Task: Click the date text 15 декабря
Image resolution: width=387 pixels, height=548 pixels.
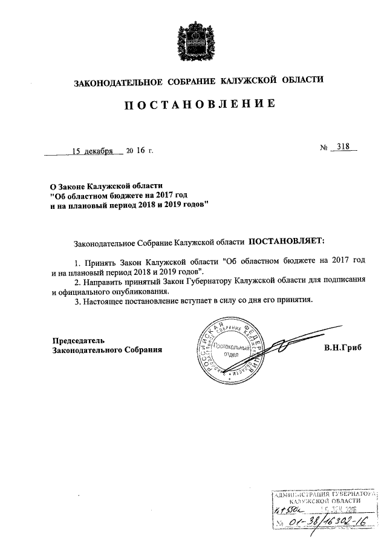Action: pos(93,151)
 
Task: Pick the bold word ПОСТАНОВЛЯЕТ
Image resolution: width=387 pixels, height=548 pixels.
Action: pos(285,241)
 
